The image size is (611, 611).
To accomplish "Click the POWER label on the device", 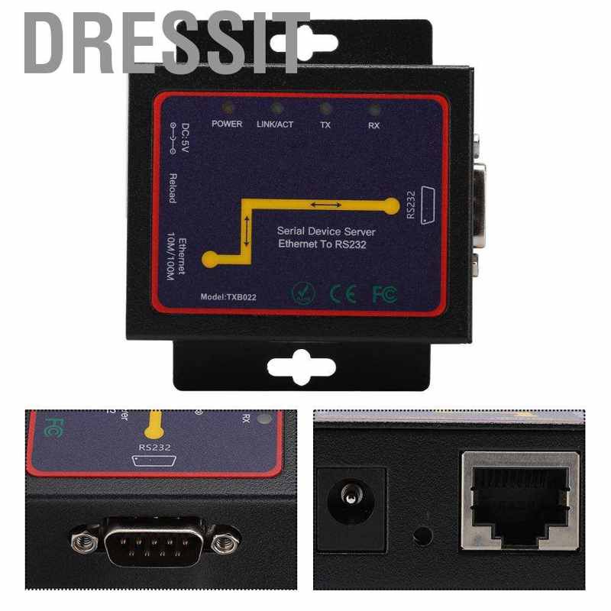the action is point(227,124).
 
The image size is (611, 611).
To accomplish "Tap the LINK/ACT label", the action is point(276,124).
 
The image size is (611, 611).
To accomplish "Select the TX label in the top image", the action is point(325,124).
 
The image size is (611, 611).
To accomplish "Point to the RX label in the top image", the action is point(373,124).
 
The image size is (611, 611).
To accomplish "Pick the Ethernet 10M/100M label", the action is point(176,260).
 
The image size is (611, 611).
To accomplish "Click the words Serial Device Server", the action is point(326,231).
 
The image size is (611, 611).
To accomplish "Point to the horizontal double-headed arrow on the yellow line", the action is point(325,205).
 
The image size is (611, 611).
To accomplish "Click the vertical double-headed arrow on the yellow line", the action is point(247,231).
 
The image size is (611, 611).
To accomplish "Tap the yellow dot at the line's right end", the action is point(392,205).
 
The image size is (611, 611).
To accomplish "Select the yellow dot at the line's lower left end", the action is point(209,260).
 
